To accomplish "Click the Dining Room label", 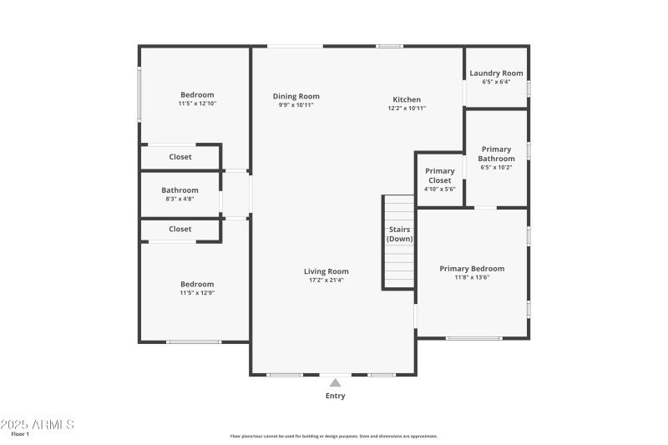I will click(296, 97).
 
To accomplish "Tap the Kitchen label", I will click(407, 100).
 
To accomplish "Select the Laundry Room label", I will click(496, 73).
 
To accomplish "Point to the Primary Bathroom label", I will click(496, 154).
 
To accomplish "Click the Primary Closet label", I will click(440, 175).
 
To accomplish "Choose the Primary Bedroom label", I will click(472, 269).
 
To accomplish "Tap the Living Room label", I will click(326, 271).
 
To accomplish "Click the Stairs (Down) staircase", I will click(399, 242).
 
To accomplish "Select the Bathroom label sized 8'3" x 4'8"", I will click(180, 190).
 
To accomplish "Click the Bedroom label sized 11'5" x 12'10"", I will click(197, 95).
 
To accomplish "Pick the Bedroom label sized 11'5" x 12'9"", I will click(197, 284).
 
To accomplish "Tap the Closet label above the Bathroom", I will click(180, 157).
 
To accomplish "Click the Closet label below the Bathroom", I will click(180, 229).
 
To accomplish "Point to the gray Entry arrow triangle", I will click(335, 382).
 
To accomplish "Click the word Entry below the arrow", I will click(335, 396).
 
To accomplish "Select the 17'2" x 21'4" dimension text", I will click(326, 281).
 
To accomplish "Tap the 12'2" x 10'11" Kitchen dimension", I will click(407, 109).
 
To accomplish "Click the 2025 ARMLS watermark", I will click(38, 424).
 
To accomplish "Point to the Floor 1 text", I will click(20, 434).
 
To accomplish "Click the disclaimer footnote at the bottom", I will click(334, 436).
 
